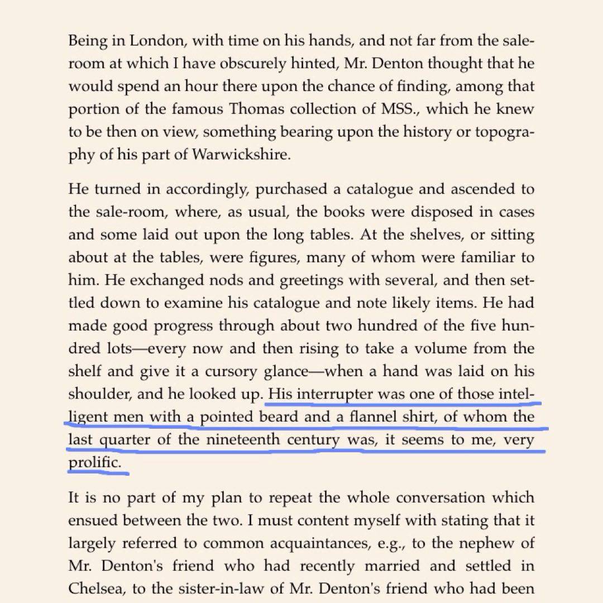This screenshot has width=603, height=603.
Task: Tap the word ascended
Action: pyautogui.click(x=486, y=189)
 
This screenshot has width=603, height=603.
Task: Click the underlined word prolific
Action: pyautogui.click(x=94, y=463)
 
